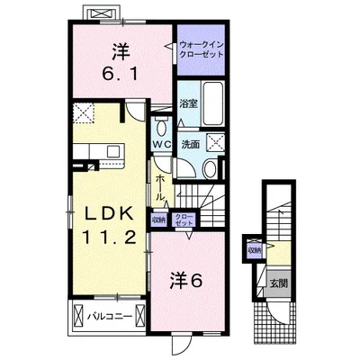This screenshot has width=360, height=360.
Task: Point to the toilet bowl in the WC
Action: (x=161, y=125)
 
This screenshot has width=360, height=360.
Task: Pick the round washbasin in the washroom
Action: (x=208, y=168)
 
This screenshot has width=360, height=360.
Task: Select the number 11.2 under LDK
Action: (x=110, y=238)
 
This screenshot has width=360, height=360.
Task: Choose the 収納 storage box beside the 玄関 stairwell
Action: (x=255, y=250)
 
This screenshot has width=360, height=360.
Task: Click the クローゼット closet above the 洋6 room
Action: (x=183, y=218)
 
